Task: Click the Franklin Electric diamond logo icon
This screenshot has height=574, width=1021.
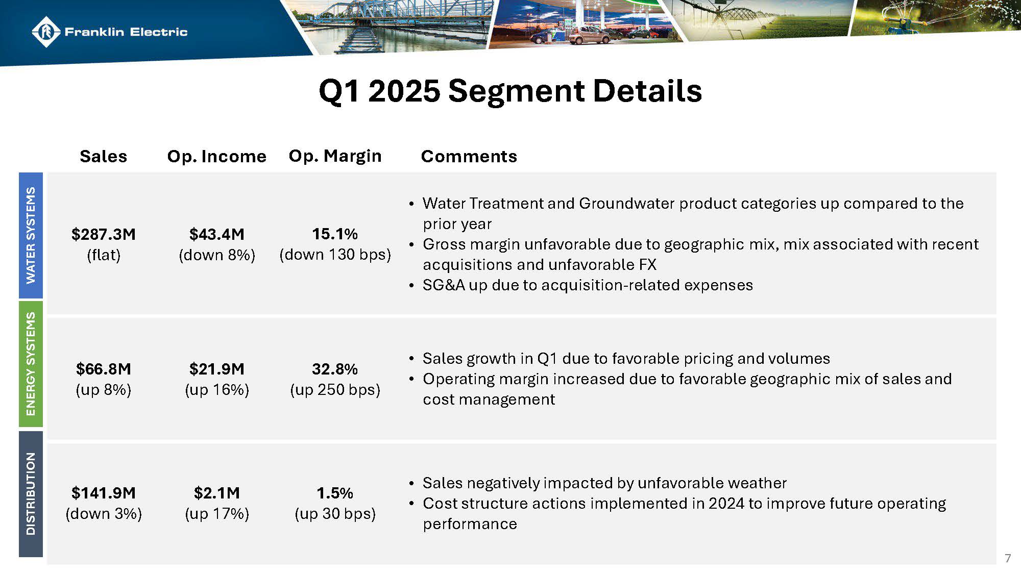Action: (46, 32)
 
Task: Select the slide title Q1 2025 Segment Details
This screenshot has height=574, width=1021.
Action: (510, 91)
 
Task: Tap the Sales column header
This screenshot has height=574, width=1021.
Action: (103, 156)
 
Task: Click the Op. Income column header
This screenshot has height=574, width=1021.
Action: (216, 156)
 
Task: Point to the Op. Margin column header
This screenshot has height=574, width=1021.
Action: (335, 156)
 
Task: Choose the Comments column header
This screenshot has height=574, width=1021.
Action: (469, 156)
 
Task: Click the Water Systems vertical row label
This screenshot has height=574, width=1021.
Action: (31, 235)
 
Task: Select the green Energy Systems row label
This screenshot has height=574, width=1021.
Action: (31, 364)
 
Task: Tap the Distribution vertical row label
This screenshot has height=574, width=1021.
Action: (31, 493)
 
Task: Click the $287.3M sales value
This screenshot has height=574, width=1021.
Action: (103, 234)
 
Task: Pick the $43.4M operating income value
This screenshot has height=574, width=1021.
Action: (216, 234)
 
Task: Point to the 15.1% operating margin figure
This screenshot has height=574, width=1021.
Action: (335, 234)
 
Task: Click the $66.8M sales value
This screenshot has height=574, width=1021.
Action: (103, 369)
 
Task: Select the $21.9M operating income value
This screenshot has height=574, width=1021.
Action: (216, 369)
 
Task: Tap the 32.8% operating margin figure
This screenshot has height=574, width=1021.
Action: (335, 369)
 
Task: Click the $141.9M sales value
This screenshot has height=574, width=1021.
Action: (103, 493)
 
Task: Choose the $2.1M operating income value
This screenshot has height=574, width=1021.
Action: (216, 493)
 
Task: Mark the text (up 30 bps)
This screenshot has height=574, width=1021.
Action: (335, 513)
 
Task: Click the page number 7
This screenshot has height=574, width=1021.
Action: (1007, 558)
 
